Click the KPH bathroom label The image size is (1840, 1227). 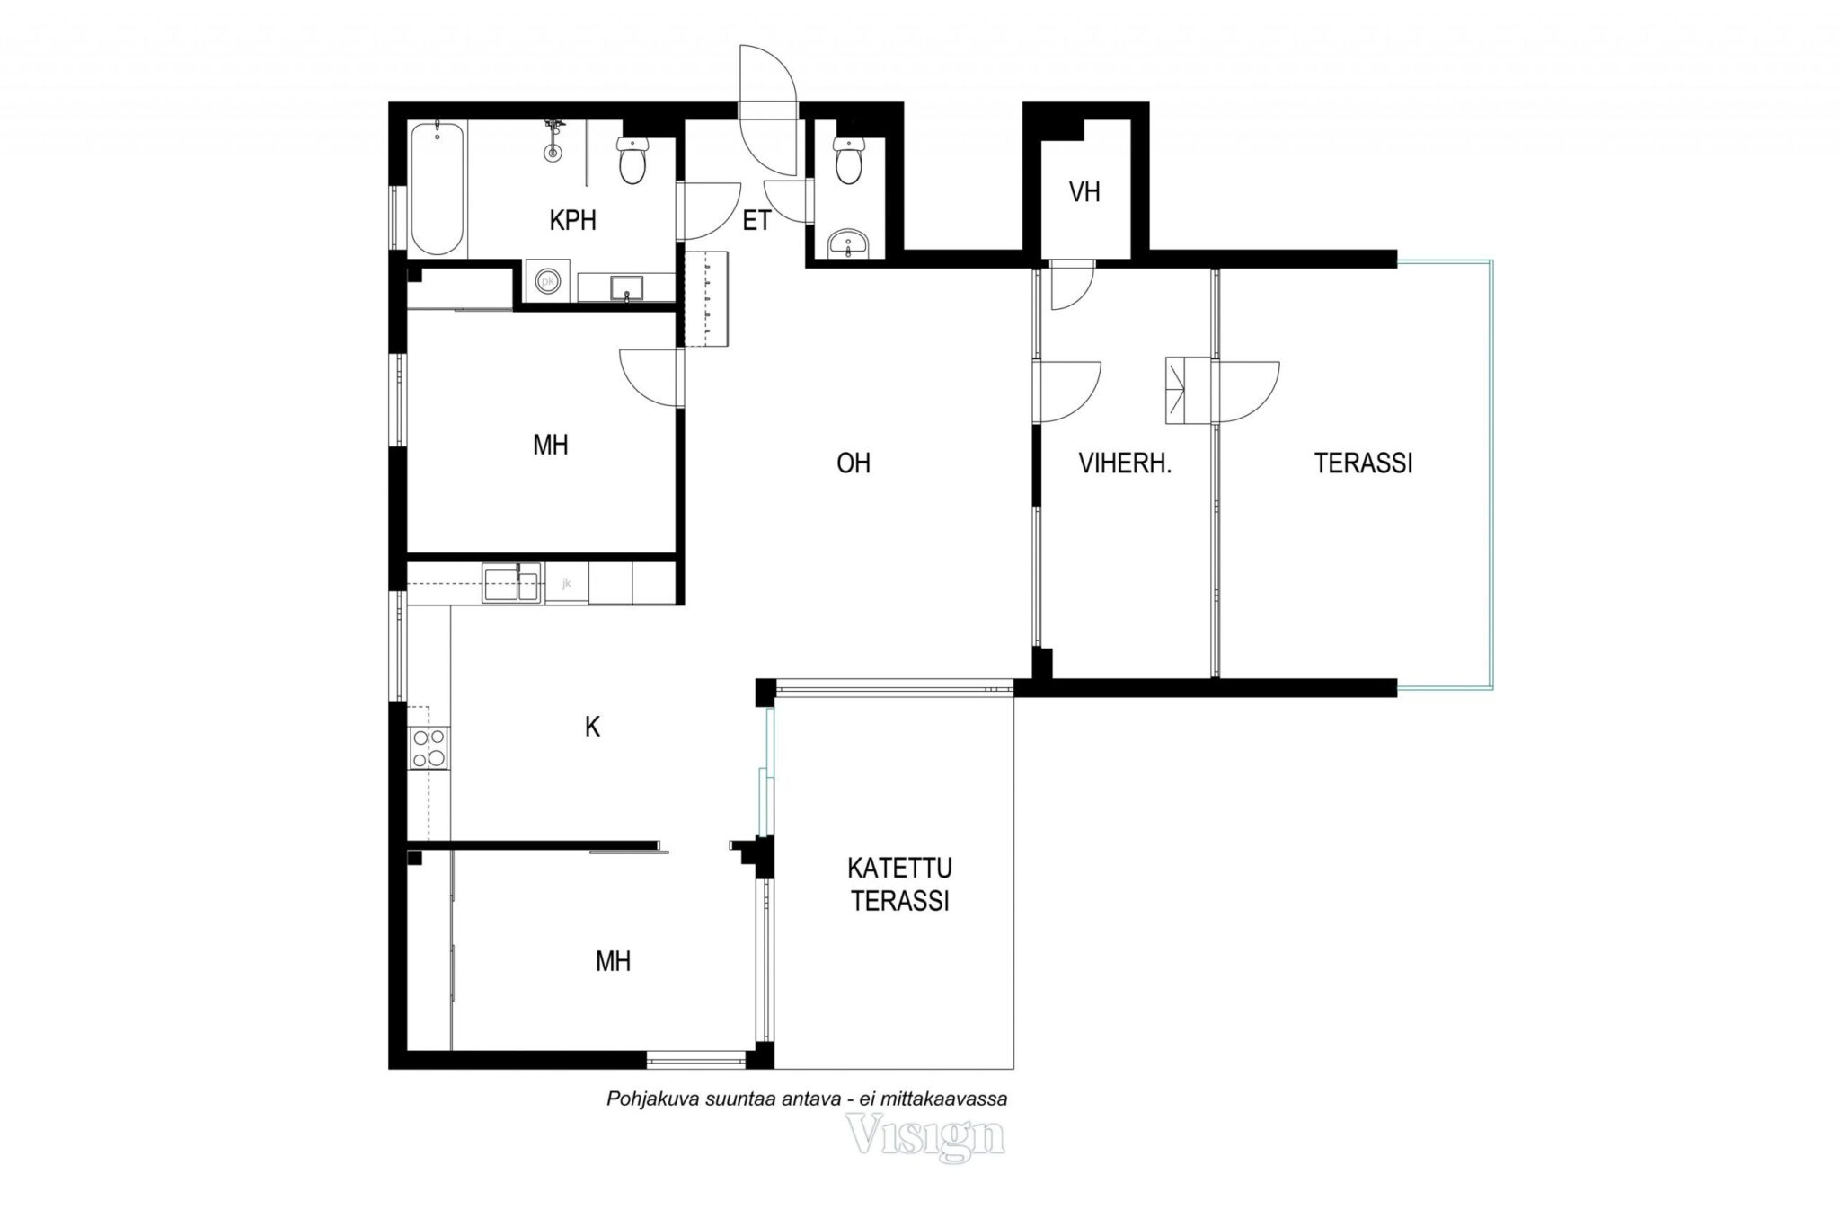point(572,220)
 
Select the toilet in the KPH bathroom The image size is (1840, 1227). point(632,161)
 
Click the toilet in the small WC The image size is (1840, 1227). point(847,161)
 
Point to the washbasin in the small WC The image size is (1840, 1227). point(847,243)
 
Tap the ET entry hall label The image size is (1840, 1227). point(756,221)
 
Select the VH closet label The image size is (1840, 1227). point(1085,191)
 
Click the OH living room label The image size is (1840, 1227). point(854,463)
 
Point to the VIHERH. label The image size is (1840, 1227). point(1125,463)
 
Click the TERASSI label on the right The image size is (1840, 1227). point(1363,463)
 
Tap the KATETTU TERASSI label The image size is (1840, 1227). point(900,885)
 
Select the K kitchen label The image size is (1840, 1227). point(592,727)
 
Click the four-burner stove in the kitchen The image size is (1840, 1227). point(429,747)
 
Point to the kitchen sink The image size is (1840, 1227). point(511,582)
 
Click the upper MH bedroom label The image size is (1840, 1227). point(551,446)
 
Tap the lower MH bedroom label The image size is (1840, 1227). point(613,962)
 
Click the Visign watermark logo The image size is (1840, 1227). point(926,1137)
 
